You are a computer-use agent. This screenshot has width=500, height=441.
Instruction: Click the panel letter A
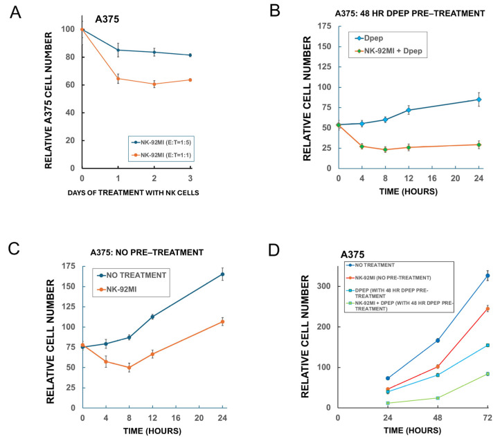click(15, 12)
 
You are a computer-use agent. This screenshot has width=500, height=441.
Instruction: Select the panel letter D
click(274, 250)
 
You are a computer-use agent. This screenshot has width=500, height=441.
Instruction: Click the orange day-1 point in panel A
click(118, 79)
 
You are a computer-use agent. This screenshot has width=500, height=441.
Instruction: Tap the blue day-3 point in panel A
click(190, 55)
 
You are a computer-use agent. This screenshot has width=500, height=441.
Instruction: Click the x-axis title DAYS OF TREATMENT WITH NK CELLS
click(133, 193)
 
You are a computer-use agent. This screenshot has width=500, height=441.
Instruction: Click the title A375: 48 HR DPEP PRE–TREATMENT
click(410, 13)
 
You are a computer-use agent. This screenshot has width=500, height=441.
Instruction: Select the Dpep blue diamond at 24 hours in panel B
click(479, 100)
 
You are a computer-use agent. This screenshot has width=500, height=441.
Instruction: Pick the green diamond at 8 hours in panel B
click(385, 149)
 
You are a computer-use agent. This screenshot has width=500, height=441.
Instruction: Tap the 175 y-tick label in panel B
click(325, 26)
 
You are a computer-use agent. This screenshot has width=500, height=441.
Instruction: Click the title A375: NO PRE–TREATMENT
click(147, 252)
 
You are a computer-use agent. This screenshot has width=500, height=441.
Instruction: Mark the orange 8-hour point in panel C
click(129, 368)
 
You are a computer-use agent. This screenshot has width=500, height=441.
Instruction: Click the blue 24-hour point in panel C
click(222, 274)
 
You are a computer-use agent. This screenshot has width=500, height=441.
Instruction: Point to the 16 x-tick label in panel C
click(176, 418)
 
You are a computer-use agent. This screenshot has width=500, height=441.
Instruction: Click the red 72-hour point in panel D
click(488, 309)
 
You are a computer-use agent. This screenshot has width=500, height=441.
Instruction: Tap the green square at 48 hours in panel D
click(438, 398)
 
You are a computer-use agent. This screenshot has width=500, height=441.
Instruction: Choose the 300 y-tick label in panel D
click(325, 286)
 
